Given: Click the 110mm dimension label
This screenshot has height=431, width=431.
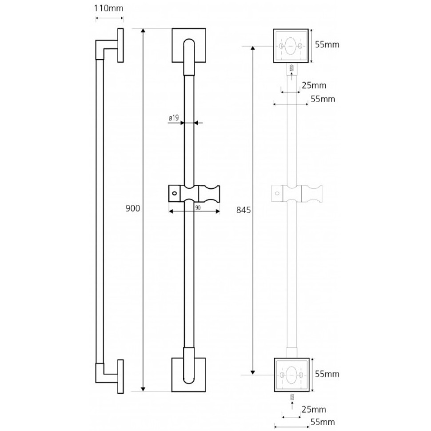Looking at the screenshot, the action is (x=108, y=8).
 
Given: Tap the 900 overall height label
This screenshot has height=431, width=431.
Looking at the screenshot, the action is (x=133, y=208).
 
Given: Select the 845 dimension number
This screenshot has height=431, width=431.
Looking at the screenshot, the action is (x=243, y=210).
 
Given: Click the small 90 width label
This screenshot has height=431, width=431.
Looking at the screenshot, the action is (x=198, y=208).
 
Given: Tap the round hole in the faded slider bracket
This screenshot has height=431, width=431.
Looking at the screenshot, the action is (x=277, y=193).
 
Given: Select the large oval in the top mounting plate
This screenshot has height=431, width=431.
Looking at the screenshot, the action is (x=290, y=46).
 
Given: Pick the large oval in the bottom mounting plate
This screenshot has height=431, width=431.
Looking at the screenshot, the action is (x=291, y=375).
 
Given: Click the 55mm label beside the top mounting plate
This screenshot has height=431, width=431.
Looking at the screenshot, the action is (x=327, y=44).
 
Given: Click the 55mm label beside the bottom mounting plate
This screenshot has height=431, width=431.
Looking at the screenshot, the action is (x=327, y=374).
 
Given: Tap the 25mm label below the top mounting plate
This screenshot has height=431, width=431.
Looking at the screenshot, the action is (x=314, y=85).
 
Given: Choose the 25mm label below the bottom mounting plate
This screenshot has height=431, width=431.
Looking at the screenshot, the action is (x=314, y=410).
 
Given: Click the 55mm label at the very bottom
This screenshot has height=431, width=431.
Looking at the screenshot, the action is (x=323, y=422).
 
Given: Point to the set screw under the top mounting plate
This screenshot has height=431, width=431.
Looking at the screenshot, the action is (x=291, y=68).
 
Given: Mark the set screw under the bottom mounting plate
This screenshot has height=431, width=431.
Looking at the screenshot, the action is (x=292, y=397).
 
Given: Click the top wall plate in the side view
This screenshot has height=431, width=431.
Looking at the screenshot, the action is (x=120, y=45).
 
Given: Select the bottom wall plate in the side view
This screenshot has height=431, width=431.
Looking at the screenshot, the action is (x=120, y=376).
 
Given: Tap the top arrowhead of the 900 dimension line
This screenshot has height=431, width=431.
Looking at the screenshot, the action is (x=143, y=31).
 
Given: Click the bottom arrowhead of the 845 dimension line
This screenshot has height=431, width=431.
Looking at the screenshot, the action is (x=253, y=372).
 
